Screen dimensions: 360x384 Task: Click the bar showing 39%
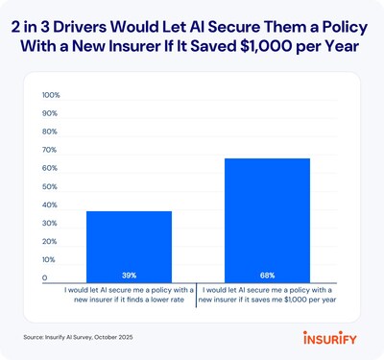click(x=129, y=245)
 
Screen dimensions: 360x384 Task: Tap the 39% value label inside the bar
click(x=129, y=274)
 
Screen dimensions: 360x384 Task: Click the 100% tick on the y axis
click(x=51, y=96)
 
